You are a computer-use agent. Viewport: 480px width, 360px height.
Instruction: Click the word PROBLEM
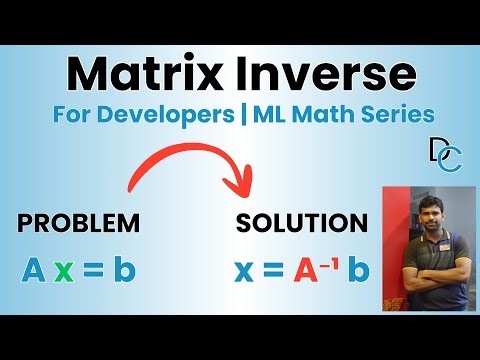pos(75,222)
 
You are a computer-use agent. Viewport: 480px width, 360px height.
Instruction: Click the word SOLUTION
pos(301,222)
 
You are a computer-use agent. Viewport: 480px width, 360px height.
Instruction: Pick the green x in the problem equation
pos(63,269)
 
